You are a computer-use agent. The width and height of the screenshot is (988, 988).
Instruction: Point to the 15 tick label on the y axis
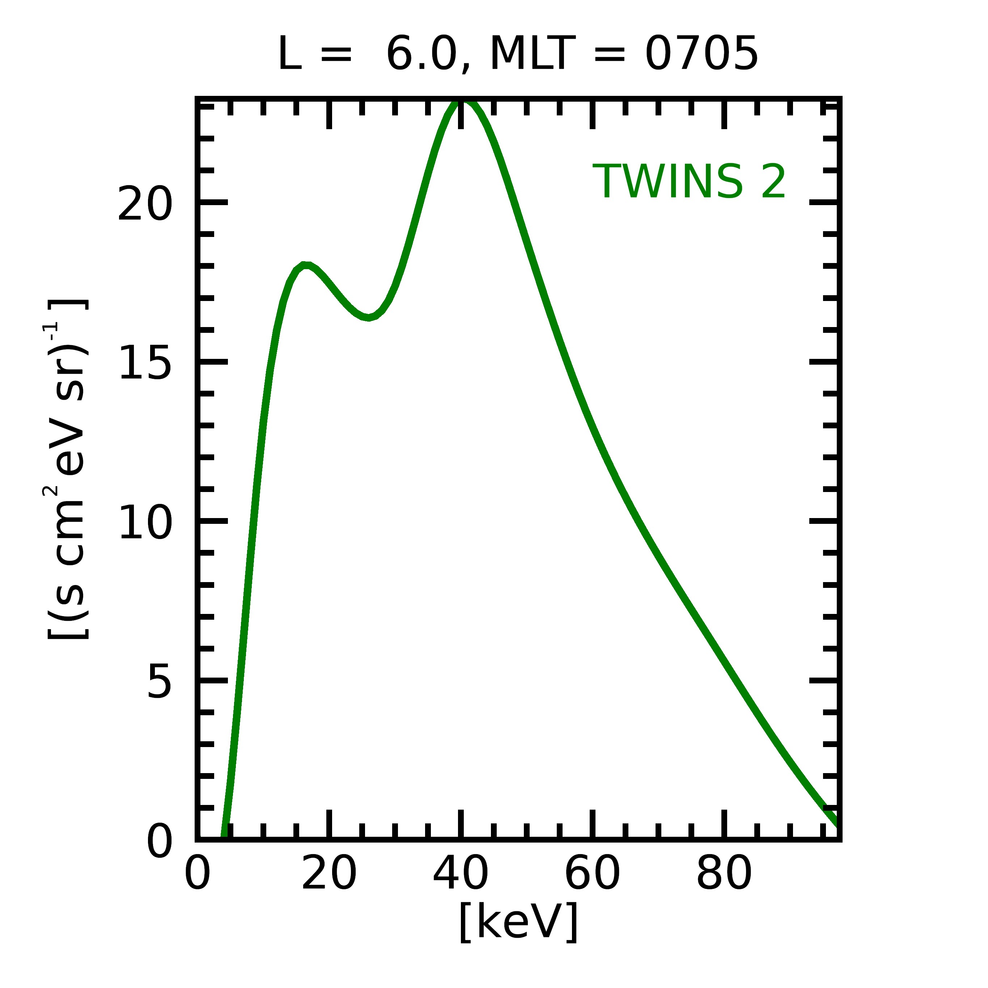pyautogui.click(x=145, y=362)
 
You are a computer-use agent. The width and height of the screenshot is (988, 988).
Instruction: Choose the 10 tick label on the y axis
pyautogui.click(x=145, y=522)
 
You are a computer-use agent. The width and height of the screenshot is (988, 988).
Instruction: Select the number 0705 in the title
pyautogui.click(x=701, y=54)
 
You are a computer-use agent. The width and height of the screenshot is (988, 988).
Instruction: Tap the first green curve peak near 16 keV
pyautogui.click(x=305, y=265)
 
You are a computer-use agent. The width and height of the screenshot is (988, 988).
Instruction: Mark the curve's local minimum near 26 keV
pyautogui.click(x=368, y=318)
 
